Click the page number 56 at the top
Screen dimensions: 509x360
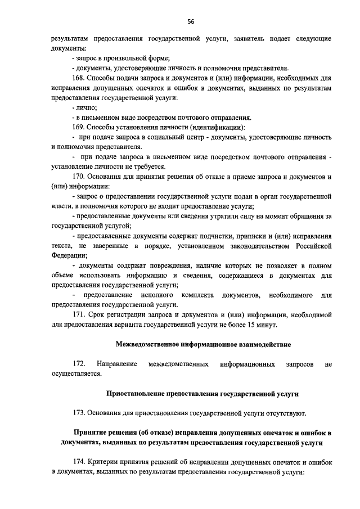pyautogui.click(x=191, y=21)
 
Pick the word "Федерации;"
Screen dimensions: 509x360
pyautogui.click(x=69, y=256)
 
